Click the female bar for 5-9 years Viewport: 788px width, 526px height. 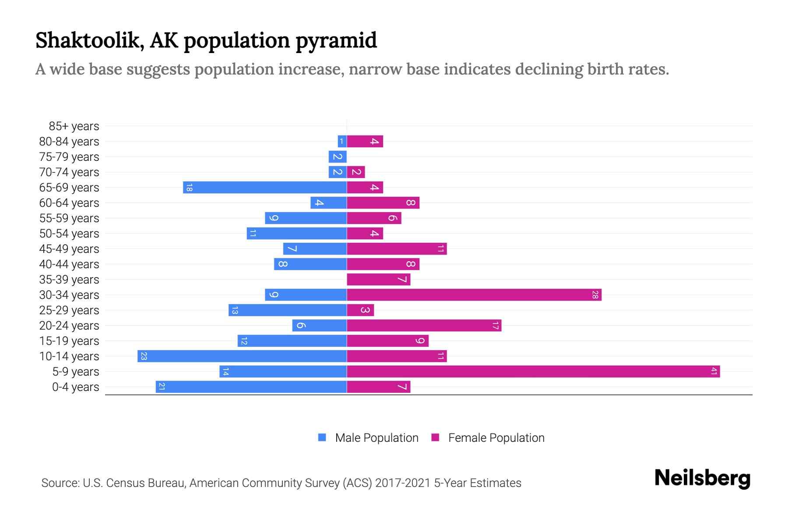(533, 372)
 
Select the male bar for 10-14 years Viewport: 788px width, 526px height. (242, 356)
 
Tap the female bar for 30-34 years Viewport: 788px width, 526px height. (474, 295)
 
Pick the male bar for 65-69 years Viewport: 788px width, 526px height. (265, 188)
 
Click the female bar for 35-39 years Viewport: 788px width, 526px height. (379, 280)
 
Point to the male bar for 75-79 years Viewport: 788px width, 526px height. (338, 157)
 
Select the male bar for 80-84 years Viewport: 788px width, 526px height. (342, 142)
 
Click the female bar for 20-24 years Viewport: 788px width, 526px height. (424, 326)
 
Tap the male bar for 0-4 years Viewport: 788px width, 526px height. (251, 387)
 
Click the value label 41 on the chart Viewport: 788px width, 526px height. (714, 372)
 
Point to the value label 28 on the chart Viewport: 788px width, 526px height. (595, 295)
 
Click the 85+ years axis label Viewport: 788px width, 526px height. (74, 126)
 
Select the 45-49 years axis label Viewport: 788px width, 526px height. (69, 249)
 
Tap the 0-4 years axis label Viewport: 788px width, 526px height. (75, 387)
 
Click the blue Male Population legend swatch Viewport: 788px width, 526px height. (322, 437)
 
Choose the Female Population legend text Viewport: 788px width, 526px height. (496, 438)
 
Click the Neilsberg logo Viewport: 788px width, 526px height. (702, 478)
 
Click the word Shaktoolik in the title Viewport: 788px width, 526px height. (90, 41)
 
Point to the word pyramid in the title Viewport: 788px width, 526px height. (336, 41)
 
